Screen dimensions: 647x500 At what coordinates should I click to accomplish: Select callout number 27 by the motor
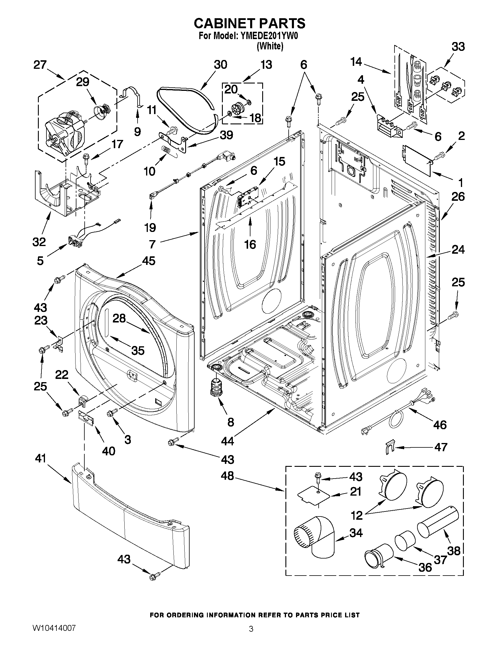coord(40,65)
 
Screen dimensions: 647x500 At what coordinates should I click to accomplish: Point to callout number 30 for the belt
coord(220,65)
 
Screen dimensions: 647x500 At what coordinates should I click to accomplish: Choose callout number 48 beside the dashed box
coord(227,476)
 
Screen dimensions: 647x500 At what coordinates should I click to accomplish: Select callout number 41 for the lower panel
coord(41,458)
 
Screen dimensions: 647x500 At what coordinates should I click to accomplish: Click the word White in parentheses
coord(270,46)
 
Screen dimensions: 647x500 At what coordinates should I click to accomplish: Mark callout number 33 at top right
coord(458,47)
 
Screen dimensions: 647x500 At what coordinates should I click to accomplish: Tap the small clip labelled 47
coord(390,448)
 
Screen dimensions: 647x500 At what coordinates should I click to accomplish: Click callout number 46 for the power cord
coord(440,425)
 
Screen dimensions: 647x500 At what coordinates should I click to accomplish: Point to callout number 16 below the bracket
coord(250,244)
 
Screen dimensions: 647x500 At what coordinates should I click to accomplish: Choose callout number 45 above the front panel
coord(148,261)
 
